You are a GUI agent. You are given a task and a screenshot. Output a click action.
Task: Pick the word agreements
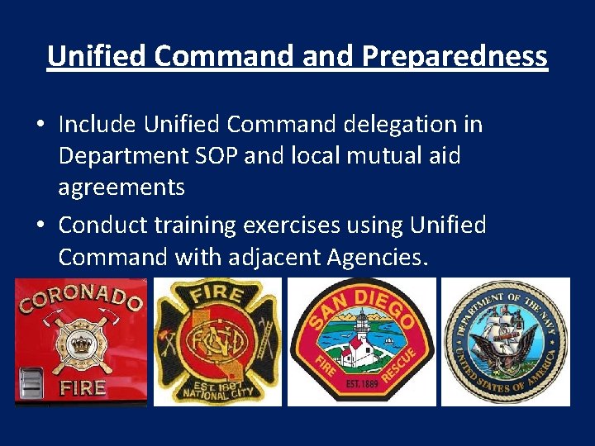tap(121, 187)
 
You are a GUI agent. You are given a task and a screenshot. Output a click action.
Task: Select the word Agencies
tap(378, 258)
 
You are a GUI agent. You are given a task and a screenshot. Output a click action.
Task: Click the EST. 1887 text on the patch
tap(218, 385)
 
